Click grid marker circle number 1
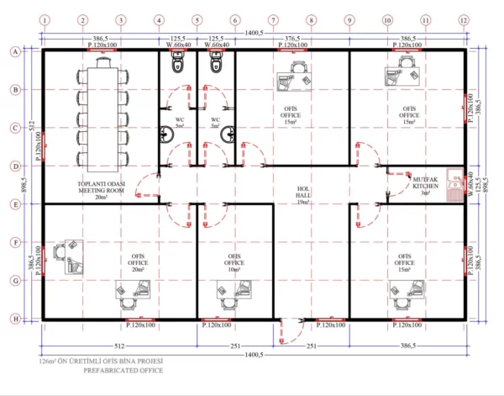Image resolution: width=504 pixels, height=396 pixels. (x=43, y=19)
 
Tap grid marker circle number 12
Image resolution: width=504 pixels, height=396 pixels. (x=463, y=19)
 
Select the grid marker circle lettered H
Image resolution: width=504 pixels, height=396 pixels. (x=14, y=319)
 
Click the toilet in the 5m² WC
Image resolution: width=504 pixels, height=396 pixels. (x=176, y=64)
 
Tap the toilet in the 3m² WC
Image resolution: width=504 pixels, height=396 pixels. (x=216, y=64)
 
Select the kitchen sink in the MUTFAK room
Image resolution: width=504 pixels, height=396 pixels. (x=454, y=180)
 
